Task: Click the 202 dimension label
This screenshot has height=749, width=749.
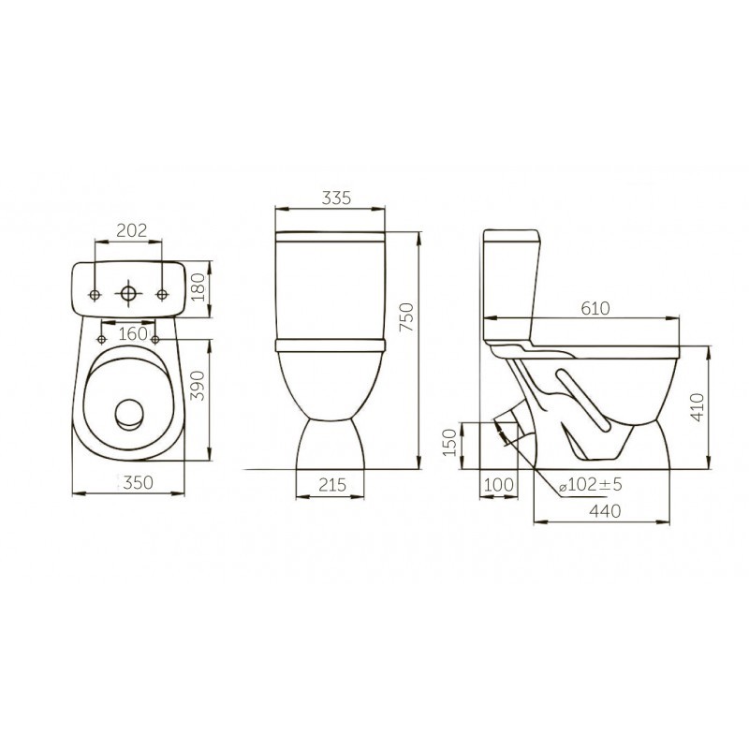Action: tap(132, 230)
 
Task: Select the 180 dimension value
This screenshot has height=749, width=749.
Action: tap(198, 287)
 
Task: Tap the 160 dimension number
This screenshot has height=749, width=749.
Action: tap(133, 333)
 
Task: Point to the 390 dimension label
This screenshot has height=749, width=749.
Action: tap(198, 386)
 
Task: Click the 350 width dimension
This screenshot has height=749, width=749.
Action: tap(139, 482)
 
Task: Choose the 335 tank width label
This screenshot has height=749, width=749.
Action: tap(336, 198)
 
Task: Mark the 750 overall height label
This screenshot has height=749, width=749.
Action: tap(406, 317)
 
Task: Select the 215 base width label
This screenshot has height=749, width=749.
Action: tap(332, 485)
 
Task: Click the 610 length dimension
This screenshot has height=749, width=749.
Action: tap(595, 309)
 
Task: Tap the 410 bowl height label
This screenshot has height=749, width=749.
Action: tap(698, 407)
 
